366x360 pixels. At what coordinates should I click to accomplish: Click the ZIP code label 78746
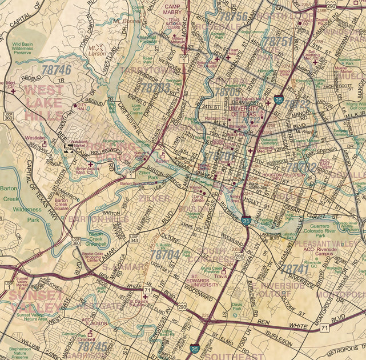[56, 70]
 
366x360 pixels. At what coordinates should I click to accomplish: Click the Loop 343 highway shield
[134, 238]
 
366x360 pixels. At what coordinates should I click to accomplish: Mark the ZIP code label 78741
[295, 269]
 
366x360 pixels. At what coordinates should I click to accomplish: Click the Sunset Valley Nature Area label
[32, 317]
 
